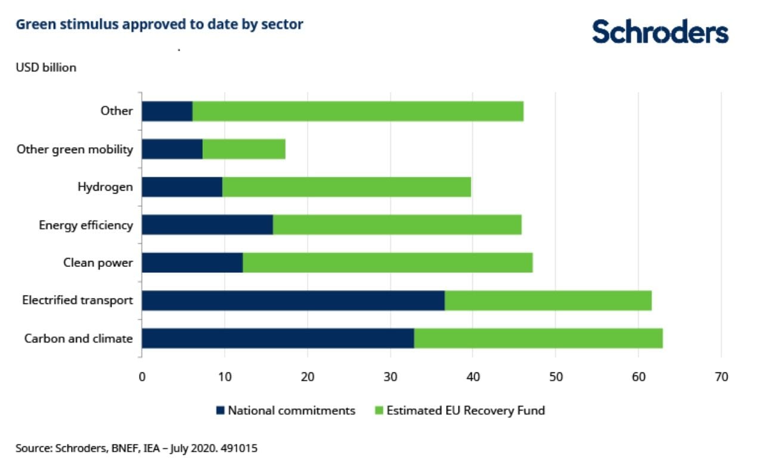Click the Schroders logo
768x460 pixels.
660,32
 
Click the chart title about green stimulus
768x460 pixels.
159,24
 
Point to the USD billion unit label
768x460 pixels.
46,67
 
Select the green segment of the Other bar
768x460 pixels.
358,111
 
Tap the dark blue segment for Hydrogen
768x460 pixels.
182,187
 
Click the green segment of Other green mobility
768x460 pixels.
244,149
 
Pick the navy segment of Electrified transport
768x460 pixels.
293,301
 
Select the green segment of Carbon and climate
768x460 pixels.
538,338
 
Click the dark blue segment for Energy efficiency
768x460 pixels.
207,225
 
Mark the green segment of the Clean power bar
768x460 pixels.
388,263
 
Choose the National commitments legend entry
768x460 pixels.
286,411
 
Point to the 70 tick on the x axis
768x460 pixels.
721,377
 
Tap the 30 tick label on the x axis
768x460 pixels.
390,377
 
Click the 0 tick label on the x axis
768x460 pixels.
142,377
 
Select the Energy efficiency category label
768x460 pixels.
86,225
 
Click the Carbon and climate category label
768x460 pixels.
78,338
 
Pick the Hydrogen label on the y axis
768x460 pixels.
105,187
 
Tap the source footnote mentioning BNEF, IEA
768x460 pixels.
137,447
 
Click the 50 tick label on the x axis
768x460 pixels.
555,377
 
